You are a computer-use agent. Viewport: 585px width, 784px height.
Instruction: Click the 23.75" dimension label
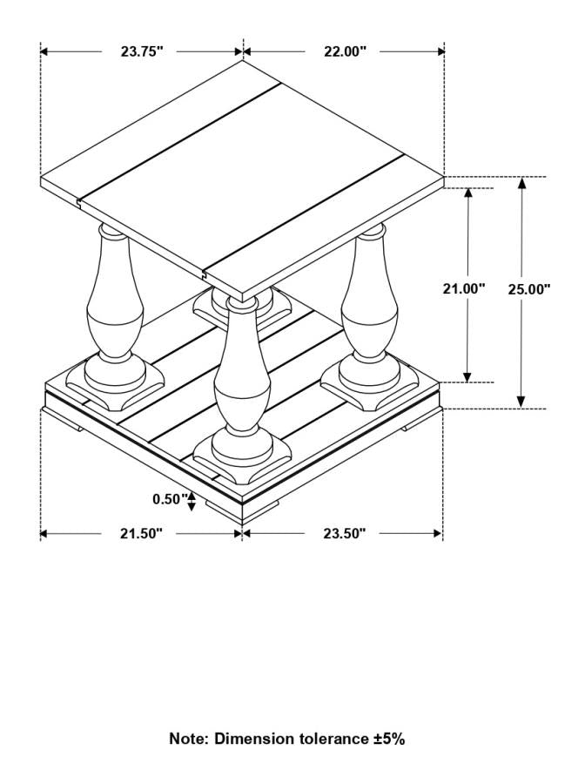tap(142, 51)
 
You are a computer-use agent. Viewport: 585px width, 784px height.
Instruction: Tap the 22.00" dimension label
tap(345, 51)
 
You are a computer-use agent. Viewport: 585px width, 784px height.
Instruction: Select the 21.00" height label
tap(464, 288)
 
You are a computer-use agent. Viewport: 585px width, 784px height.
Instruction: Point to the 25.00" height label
tap(529, 288)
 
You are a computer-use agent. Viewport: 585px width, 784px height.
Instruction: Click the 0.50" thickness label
tap(169, 499)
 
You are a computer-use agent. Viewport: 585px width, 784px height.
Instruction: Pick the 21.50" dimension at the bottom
tap(141, 533)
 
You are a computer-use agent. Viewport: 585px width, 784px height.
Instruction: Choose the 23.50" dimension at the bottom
tap(344, 533)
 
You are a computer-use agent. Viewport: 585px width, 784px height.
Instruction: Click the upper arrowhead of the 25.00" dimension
tap(521, 182)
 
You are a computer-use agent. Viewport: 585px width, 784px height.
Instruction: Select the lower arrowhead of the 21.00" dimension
tap(467, 376)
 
